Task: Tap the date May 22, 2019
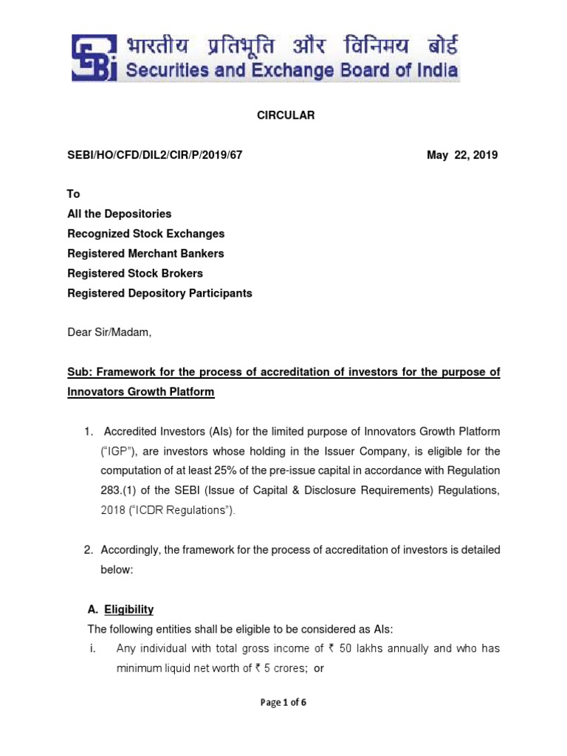462,155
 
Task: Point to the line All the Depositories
119,213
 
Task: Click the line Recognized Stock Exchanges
145,233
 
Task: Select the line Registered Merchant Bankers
145,253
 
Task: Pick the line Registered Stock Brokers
135,273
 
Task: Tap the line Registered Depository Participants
159,293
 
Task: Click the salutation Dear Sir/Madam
109,332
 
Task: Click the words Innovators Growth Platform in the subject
140,392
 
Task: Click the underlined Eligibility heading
128,609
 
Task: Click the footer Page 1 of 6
283,703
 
